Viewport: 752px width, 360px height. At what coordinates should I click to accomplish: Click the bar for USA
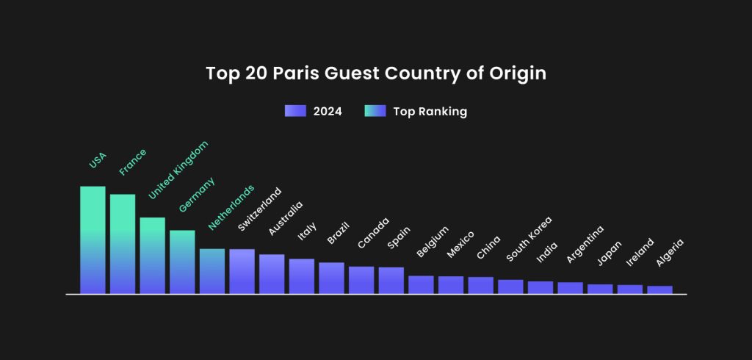tap(93, 240)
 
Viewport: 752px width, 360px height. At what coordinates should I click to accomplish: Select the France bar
tap(123, 244)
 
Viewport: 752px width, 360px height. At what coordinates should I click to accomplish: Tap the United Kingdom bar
tap(152, 256)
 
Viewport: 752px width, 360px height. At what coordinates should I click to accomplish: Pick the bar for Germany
tap(182, 262)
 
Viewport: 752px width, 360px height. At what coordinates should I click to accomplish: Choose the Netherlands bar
tap(212, 271)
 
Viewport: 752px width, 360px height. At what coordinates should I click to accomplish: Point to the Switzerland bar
tap(242, 271)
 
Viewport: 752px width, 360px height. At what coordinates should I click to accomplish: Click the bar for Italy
tap(301, 276)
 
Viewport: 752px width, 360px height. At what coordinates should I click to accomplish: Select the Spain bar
tap(391, 280)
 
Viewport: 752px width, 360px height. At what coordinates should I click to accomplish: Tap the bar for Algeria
tap(659, 289)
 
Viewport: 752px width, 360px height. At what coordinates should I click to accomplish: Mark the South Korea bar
tap(510, 287)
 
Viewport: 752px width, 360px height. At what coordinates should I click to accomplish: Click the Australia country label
tap(285, 218)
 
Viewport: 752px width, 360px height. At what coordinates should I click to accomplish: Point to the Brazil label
tap(338, 233)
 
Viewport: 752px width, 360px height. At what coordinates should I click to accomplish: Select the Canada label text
tap(373, 233)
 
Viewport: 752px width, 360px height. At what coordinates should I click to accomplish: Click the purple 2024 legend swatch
tap(294, 112)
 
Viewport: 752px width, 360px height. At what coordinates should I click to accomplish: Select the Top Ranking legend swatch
tap(375, 112)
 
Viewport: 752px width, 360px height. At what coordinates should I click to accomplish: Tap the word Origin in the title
tap(520, 74)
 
